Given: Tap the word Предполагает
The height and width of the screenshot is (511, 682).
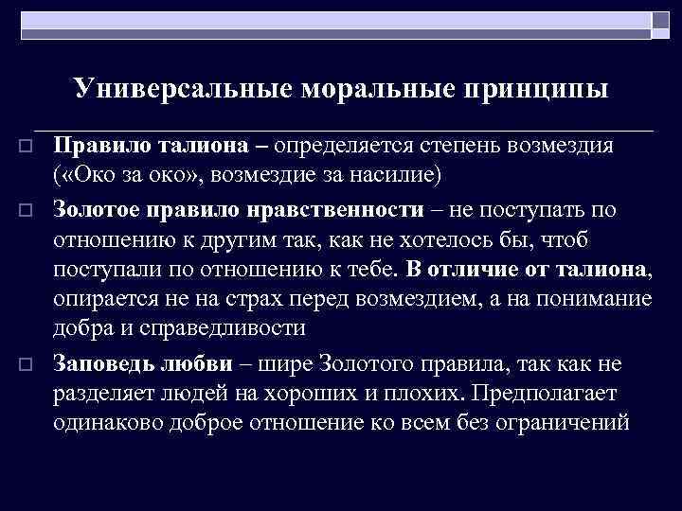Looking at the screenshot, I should click(550, 391).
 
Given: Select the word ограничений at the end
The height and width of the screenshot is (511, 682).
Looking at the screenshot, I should click(569, 422).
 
